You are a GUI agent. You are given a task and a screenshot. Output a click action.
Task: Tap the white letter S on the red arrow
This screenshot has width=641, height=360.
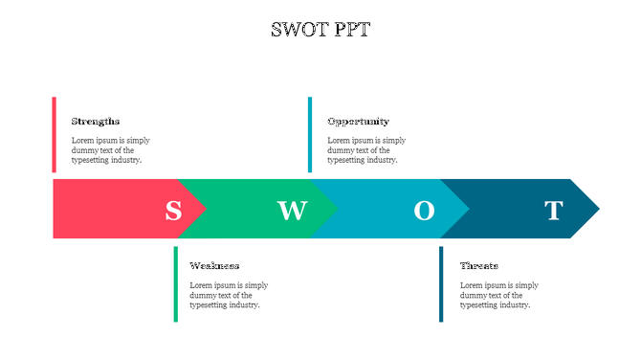coord(173,210)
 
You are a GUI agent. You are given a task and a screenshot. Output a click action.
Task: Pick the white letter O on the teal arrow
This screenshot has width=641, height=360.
coord(424,210)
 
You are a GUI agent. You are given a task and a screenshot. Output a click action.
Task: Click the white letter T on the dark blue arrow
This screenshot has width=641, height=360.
coord(554,210)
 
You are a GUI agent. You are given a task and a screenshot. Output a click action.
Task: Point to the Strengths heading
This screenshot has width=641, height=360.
coord(96,122)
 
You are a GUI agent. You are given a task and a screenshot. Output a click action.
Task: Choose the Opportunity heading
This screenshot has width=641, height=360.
coord(358,122)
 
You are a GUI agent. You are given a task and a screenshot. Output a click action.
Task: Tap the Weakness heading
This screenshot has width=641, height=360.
coord(214,265)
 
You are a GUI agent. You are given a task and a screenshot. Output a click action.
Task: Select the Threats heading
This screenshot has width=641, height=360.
coord(478,265)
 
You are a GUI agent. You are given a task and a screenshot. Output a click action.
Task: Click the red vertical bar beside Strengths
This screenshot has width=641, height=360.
coord(54,134)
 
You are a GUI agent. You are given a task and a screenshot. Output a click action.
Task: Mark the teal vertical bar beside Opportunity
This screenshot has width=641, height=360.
coord(309,134)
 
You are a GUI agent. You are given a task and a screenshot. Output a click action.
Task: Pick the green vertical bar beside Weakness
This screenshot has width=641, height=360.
coord(175,283)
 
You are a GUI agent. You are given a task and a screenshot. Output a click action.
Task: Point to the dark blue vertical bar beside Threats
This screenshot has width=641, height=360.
coord(441,283)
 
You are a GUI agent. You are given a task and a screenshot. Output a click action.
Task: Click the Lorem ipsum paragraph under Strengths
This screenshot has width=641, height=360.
coord(110,150)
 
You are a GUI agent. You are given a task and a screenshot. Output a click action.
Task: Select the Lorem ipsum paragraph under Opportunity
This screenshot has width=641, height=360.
coord(366,150)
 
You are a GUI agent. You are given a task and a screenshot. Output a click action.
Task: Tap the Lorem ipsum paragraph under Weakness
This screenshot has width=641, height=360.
coord(229,295)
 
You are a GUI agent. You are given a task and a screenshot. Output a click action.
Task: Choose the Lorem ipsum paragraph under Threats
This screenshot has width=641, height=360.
coord(498,295)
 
